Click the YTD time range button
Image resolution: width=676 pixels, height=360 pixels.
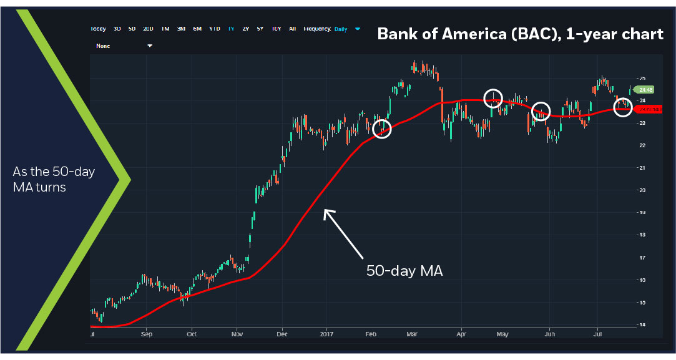pos(214,29)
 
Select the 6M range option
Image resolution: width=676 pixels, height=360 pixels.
pos(197,29)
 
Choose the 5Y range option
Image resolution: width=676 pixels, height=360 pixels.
pos(260,29)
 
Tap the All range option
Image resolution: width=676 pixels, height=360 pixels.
pos(293,29)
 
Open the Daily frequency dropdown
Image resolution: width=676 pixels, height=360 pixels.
pos(347,29)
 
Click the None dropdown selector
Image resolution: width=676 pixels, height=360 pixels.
pos(124,46)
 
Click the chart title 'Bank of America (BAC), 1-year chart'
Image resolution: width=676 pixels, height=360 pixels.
pos(520,34)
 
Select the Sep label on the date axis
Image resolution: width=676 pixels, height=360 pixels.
pos(147,334)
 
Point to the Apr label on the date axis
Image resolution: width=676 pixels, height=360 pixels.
pos(461,334)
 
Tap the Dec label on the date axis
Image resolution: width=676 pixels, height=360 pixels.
pos(282,334)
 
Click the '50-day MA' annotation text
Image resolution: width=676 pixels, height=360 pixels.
pos(404,271)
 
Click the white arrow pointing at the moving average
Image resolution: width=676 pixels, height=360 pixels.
pos(343,233)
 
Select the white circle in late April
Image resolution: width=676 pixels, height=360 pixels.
pos(493,98)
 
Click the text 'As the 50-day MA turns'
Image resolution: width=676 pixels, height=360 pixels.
pos(54,179)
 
